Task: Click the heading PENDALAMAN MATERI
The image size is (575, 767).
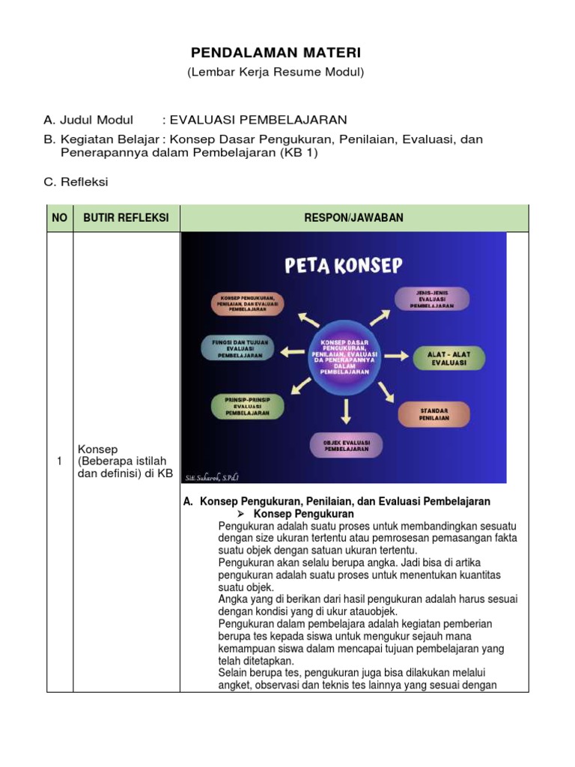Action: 276,53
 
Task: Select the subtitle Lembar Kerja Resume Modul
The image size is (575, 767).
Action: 276,73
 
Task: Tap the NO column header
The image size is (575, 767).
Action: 59,218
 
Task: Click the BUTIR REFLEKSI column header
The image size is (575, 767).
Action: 126,218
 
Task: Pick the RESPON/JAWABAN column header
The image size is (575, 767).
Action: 354,218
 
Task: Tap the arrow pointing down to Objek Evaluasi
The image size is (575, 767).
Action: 345,410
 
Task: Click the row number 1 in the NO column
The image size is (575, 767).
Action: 59,461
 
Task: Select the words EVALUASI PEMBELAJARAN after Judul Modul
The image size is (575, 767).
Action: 258,120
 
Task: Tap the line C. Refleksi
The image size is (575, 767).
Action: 76,181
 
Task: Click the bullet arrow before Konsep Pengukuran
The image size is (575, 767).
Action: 242,515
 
